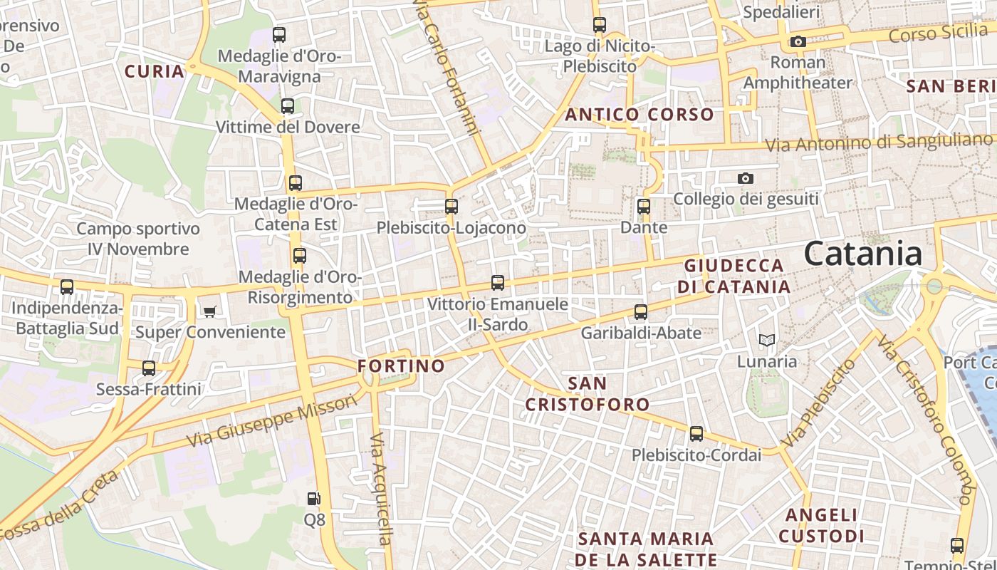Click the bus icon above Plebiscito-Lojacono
coord(451,207)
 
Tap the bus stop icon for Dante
coord(644,207)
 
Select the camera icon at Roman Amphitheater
coord(798,41)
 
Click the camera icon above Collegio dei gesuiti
coord(746,178)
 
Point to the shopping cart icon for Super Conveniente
coord(209,311)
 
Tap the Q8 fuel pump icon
coord(313,499)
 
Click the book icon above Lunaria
coord(766,341)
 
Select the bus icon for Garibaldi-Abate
coord(641,311)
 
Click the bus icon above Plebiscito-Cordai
coord(696,433)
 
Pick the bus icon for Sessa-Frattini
coord(149,368)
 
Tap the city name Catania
coord(863,254)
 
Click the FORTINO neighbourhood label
coord(401,366)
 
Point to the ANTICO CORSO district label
coord(640,114)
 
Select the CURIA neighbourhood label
coord(155,71)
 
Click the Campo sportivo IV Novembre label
coord(138,239)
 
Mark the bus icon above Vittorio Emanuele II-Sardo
coord(498,283)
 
